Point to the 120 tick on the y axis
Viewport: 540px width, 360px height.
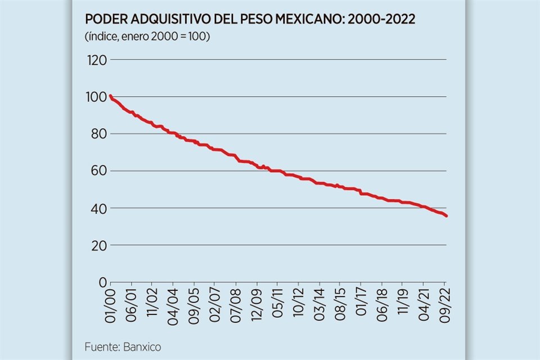(x=96, y=60)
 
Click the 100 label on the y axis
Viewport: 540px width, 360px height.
(x=96, y=97)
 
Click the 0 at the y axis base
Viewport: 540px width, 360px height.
(x=102, y=282)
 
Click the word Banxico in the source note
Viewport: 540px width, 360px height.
(x=141, y=347)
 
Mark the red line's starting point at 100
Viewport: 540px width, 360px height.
(x=110, y=96)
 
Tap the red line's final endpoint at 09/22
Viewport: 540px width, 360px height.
(x=447, y=216)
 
